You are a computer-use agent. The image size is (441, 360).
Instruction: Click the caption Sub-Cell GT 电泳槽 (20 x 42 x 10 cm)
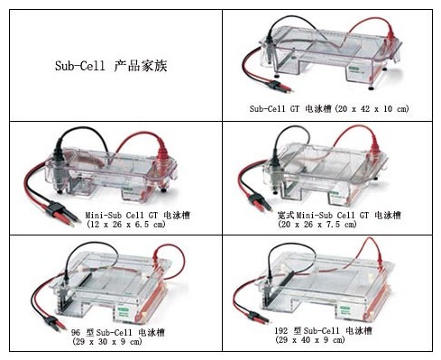[329, 108]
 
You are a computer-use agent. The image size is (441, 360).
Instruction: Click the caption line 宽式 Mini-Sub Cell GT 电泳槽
[327, 214]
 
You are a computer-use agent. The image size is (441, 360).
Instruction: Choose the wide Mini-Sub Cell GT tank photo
[329, 167]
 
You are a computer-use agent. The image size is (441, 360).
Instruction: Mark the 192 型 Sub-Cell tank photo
[329, 280]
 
